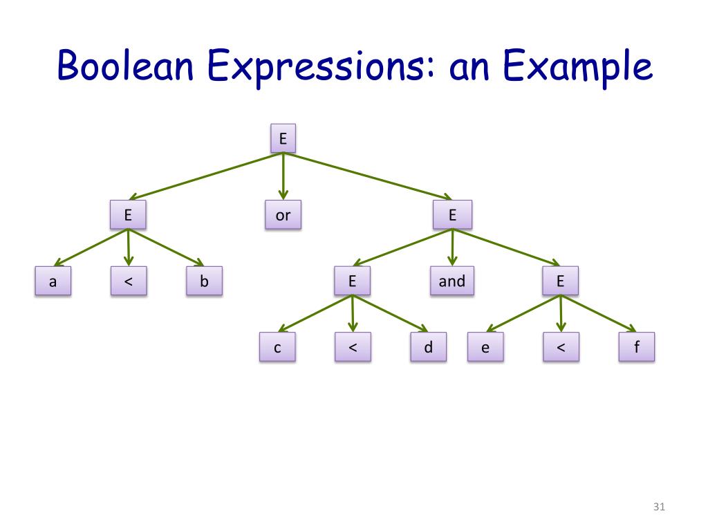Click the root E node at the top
(x=283, y=139)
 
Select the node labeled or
(x=283, y=215)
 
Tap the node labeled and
(x=452, y=281)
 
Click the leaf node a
(x=53, y=282)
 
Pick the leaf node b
(x=204, y=281)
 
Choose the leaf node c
(x=277, y=348)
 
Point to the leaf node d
(x=428, y=347)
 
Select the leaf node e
(x=485, y=348)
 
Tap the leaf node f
(x=635, y=347)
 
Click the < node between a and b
(x=129, y=281)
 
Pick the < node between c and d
(x=353, y=347)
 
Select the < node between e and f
(x=560, y=347)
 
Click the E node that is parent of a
(x=129, y=215)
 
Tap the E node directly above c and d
(x=353, y=281)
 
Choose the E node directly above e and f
(x=560, y=281)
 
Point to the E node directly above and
(x=452, y=215)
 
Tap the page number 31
(x=658, y=508)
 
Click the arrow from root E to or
(x=283, y=176)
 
